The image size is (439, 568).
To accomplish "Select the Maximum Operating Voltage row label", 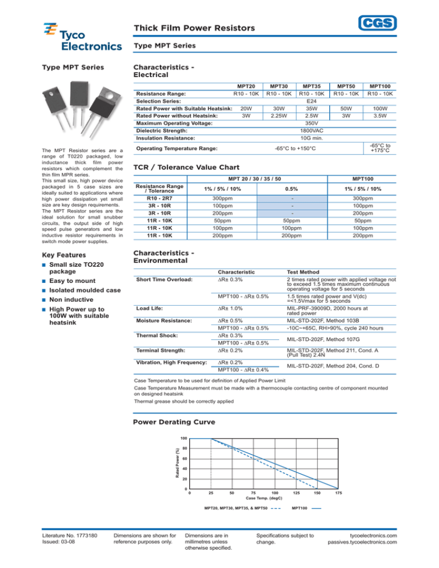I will pos(170,123).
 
